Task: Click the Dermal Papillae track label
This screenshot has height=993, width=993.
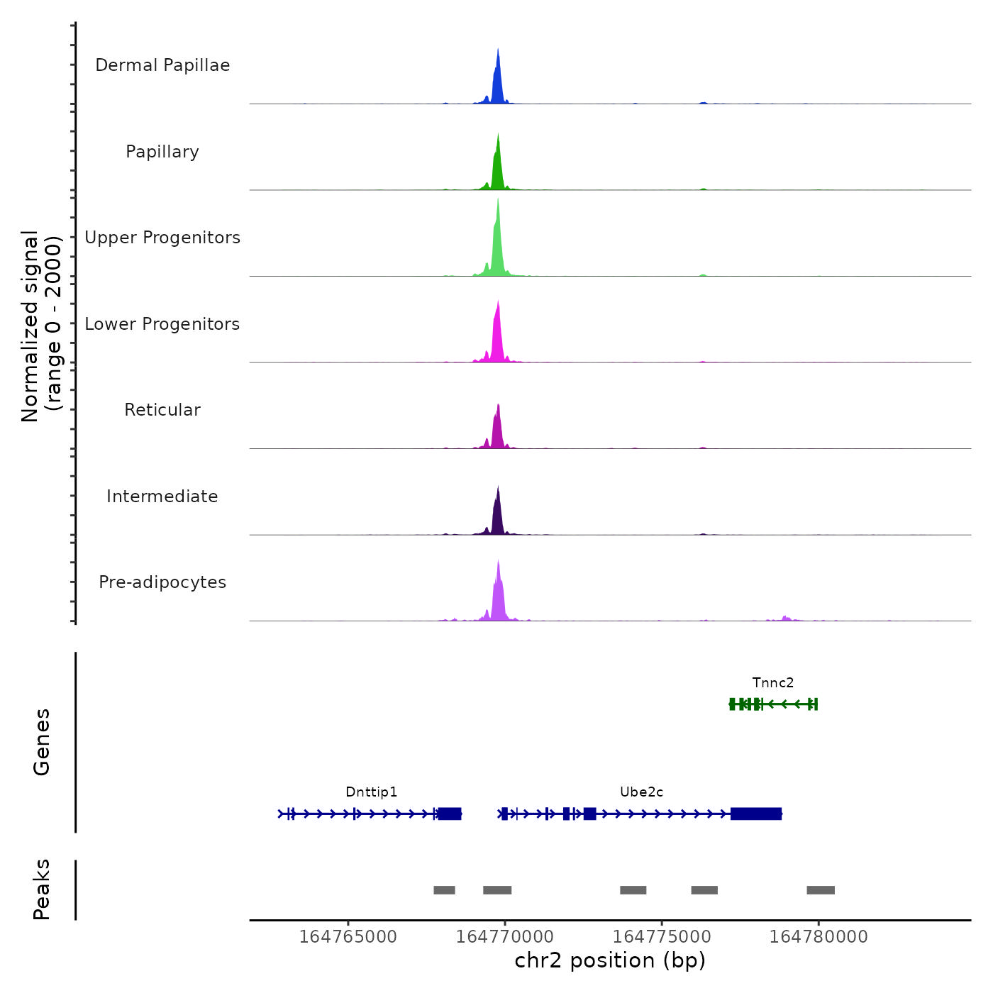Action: pyautogui.click(x=162, y=65)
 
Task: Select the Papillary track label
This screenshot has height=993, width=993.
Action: pyautogui.click(x=162, y=152)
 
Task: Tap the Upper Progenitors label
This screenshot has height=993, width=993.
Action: pyautogui.click(x=162, y=238)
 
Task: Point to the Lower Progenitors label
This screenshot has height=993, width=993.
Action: pyautogui.click(x=162, y=324)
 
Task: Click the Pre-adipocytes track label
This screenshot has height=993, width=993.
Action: pyautogui.click(x=162, y=582)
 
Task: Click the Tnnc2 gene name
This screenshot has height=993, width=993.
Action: pyautogui.click(x=773, y=683)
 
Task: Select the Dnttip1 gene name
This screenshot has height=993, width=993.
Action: pyautogui.click(x=372, y=792)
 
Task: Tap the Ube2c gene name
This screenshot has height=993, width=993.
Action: pyautogui.click(x=641, y=792)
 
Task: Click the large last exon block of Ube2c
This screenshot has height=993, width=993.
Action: pyautogui.click(x=756, y=814)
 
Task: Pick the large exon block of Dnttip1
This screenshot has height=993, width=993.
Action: pyautogui.click(x=450, y=814)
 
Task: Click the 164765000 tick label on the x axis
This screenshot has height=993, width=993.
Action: pyautogui.click(x=348, y=937)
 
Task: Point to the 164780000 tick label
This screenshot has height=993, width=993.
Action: pyautogui.click(x=819, y=937)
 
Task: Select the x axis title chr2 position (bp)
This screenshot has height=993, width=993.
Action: pyautogui.click(x=610, y=960)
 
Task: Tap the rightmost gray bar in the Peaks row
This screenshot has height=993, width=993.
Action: pyautogui.click(x=821, y=890)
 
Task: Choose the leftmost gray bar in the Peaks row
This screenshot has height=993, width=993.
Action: pyautogui.click(x=444, y=890)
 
